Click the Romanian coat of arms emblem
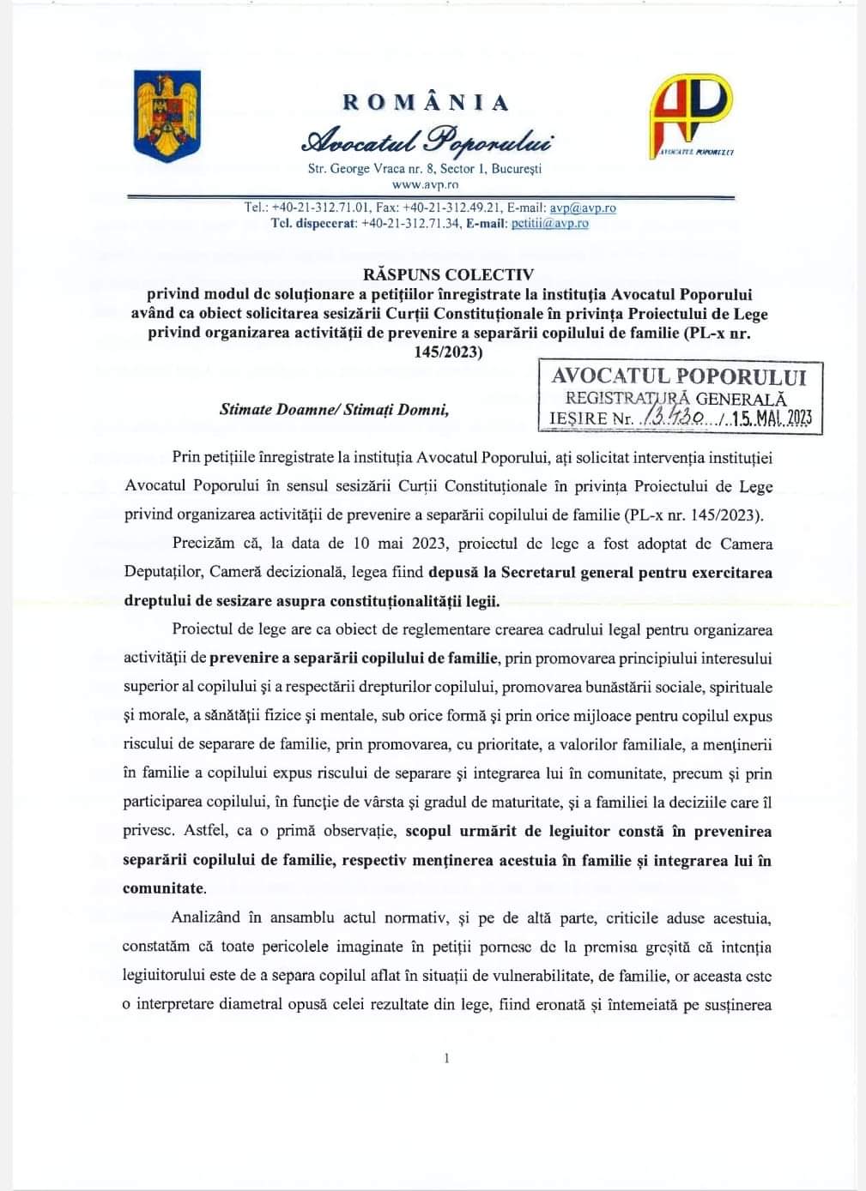pos(167,116)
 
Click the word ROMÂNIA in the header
pos(426,102)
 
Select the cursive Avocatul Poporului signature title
pos(426,138)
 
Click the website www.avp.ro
pos(425,183)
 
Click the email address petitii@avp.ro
pos(549,223)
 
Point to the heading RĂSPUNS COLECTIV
pos(448,274)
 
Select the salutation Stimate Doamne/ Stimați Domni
pos(335,409)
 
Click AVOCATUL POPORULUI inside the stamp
pos(679,376)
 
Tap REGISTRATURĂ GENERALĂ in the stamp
pos(675,398)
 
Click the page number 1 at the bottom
pos(446,1058)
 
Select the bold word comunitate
pos(163,888)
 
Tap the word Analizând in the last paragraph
pos(206,917)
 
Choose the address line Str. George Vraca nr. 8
pos(365,169)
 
